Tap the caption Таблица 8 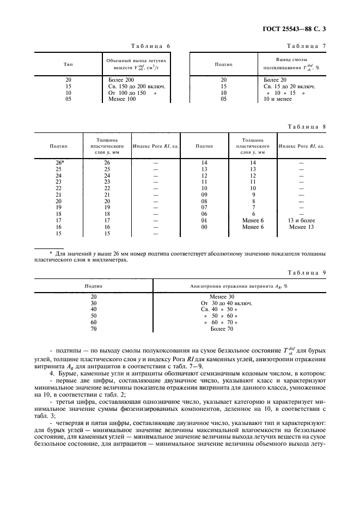[306, 126]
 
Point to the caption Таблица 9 [306, 272]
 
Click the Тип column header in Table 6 [69, 64]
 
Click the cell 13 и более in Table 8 [302, 220]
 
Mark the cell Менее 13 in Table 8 [302, 226]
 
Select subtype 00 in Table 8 [204, 226]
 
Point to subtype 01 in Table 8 [204, 220]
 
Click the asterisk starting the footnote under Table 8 [51, 253]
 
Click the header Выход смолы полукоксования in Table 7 [291, 64]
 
